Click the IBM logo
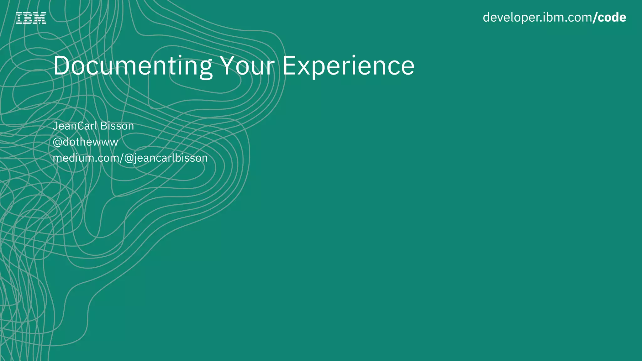click(x=31, y=18)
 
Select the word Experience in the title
click(x=348, y=66)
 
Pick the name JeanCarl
click(x=75, y=126)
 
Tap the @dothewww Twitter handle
click(x=85, y=142)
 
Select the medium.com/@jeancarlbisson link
click(x=130, y=158)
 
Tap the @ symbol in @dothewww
click(x=57, y=142)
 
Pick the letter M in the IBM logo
click(x=40, y=18)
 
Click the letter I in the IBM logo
click(x=19, y=18)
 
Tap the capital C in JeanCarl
click(x=81, y=126)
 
